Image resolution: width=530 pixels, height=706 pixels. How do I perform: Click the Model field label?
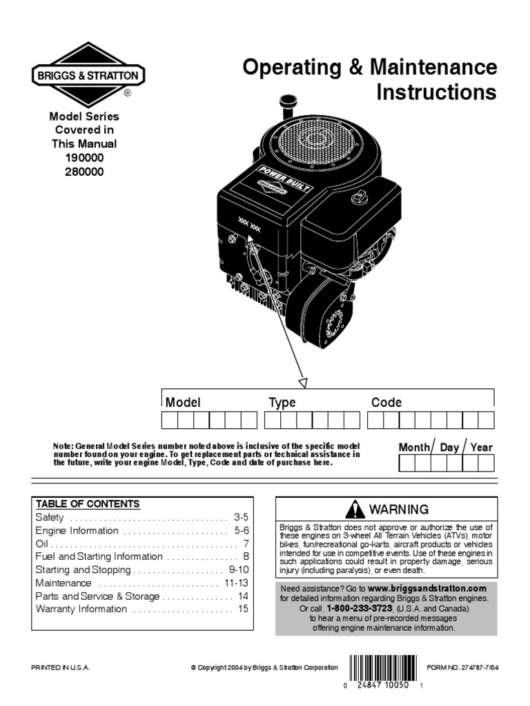(183, 403)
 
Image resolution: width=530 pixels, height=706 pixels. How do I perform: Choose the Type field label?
(282, 403)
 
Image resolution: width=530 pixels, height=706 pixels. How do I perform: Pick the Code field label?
(386, 403)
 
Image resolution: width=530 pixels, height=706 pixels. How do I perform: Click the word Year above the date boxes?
(482, 447)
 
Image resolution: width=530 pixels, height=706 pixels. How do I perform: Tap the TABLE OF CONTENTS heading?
(88, 503)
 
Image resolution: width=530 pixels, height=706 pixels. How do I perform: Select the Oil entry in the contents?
(42, 543)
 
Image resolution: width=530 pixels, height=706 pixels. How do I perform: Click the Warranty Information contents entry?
(81, 609)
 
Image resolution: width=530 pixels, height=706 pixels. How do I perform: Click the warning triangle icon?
(355, 510)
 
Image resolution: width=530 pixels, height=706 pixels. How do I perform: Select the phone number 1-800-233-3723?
(360, 609)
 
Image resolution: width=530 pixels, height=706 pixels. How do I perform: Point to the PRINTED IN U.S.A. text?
(61, 667)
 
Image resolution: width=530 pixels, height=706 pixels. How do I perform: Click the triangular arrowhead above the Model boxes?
(302, 381)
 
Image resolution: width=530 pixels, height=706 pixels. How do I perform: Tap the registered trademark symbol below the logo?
(127, 92)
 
